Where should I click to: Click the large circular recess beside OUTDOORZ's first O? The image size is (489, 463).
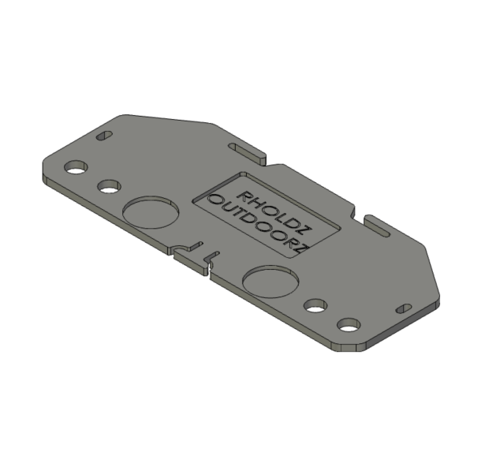click(151, 212)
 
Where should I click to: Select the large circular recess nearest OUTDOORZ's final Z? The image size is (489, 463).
click(271, 282)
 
